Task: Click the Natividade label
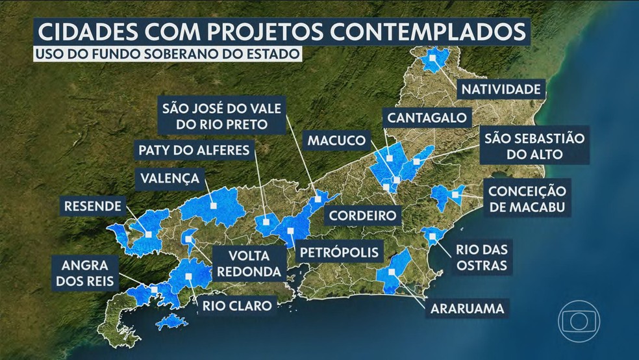tap(499, 88)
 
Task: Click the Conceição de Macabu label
tap(528, 199)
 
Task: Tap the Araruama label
tap(466, 307)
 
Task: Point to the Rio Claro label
tap(236, 305)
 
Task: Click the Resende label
tap(92, 207)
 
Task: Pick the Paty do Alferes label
tap(193, 150)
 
